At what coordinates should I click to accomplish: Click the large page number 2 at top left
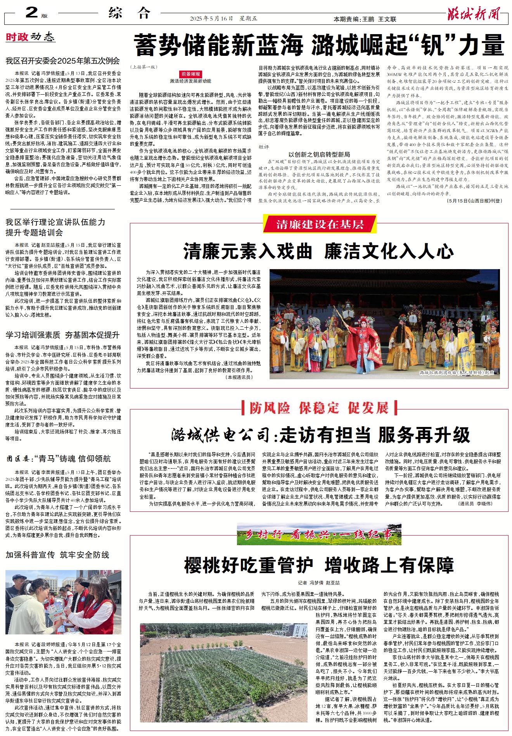31,12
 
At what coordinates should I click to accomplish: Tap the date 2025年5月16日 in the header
211,19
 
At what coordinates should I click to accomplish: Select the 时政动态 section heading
30,37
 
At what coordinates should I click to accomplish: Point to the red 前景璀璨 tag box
191,74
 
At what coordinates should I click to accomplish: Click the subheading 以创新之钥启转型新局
319,154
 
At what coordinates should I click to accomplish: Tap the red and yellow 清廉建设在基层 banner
320,224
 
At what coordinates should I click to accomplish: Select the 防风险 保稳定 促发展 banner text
319,408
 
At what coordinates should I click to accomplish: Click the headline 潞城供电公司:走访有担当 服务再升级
320,435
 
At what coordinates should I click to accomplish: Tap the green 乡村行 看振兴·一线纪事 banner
319,535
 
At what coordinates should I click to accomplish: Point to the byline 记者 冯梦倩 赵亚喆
319,583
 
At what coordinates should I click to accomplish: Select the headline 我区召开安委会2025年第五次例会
63,61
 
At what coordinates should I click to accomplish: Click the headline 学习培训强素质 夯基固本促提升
63,335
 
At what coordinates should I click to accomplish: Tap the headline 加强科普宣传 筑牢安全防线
57,555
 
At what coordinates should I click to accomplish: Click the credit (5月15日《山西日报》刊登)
474,201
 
